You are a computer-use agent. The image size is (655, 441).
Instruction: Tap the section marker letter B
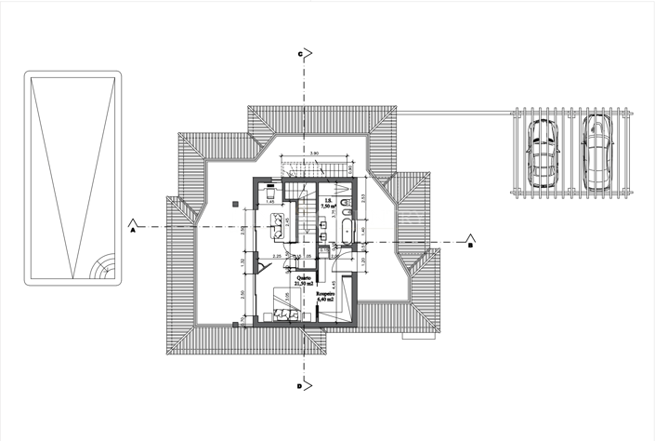(470, 247)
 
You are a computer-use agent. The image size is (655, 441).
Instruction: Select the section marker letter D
(299, 384)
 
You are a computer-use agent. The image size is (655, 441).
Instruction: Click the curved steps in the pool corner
(100, 270)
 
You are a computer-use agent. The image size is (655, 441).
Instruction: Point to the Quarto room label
(303, 279)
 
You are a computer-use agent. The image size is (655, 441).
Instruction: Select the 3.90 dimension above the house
(314, 153)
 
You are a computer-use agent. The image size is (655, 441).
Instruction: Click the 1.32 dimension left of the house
(242, 261)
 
